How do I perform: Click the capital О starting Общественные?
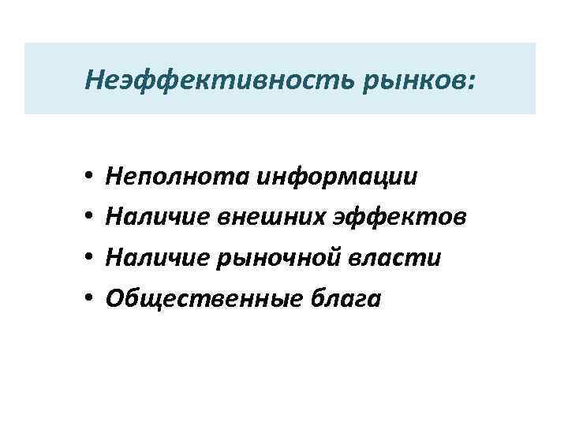click(x=114, y=299)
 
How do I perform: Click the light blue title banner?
click(x=513, y=59)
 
